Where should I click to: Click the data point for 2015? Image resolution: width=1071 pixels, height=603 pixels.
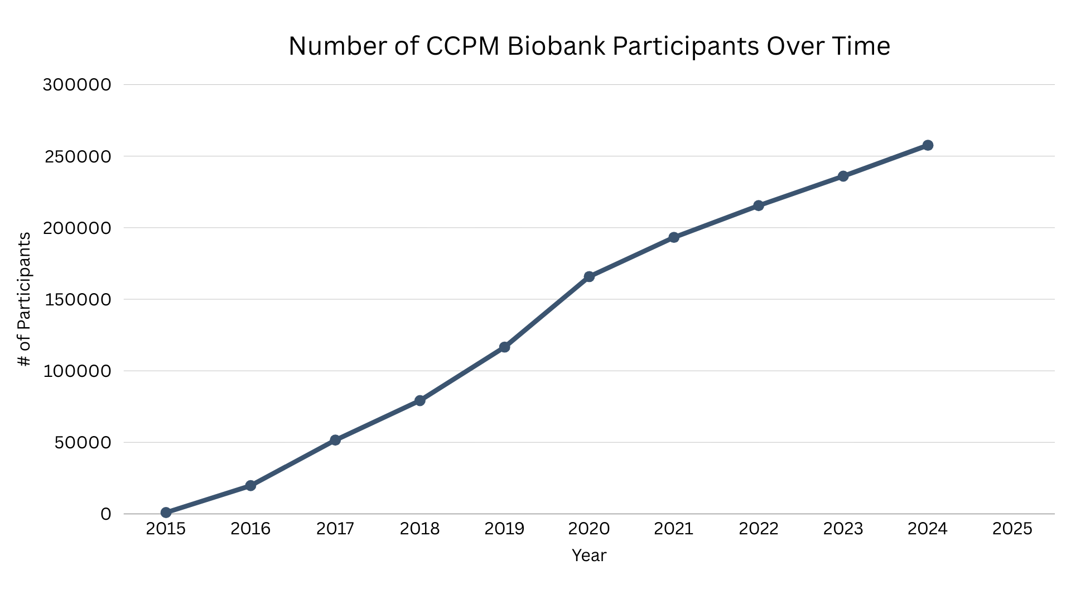tap(166, 513)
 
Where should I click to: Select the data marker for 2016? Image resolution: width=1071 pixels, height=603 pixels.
tap(250, 486)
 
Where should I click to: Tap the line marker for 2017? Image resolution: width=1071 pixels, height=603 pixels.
tap(335, 440)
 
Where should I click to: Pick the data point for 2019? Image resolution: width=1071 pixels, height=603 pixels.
tap(504, 347)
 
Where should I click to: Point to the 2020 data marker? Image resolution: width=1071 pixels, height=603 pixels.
tap(589, 276)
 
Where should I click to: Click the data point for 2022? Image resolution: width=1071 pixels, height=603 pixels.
tap(759, 205)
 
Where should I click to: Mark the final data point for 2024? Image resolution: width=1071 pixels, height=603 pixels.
tap(928, 145)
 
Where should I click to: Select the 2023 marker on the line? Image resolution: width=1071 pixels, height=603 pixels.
tap(843, 176)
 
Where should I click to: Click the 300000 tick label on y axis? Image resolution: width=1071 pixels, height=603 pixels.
tap(77, 85)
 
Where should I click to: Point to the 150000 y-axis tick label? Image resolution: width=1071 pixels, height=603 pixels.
tap(77, 300)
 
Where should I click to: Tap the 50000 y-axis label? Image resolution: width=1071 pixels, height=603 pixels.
tap(83, 443)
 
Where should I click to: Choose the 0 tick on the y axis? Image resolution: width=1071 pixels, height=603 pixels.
tap(106, 514)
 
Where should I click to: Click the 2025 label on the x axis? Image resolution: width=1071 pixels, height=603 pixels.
tap(1012, 529)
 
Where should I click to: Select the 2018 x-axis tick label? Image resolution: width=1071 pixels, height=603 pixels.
tap(419, 529)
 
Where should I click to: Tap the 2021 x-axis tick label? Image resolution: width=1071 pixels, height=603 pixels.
tap(674, 529)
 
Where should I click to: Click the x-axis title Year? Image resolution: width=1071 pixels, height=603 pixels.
tap(589, 556)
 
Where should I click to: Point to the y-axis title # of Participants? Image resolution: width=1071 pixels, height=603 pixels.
tap(24, 299)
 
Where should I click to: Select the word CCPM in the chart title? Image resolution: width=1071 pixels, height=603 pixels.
tap(462, 46)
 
